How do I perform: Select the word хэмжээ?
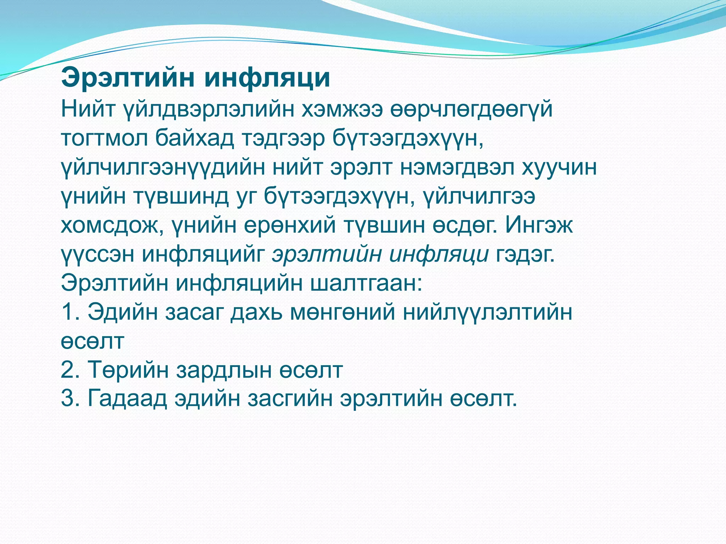342,109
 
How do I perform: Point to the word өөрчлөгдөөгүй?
471,109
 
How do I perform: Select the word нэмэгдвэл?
457,167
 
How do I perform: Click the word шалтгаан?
367,283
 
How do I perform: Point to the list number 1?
69,312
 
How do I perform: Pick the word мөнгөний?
342,312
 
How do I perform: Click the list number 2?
69,370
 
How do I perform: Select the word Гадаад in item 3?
127,398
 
